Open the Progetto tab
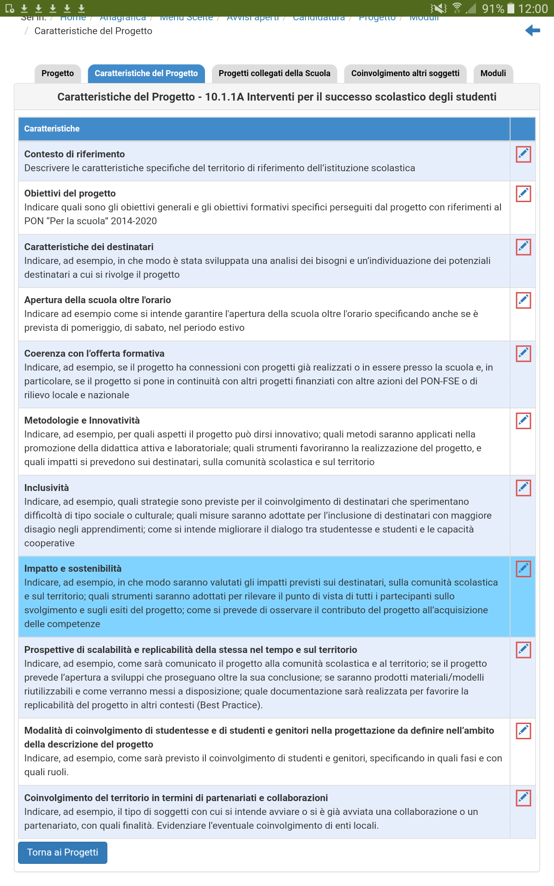click(x=58, y=73)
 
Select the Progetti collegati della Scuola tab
click(x=274, y=73)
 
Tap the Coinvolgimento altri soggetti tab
click(x=405, y=73)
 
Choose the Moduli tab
click(x=493, y=73)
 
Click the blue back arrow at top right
click(x=532, y=31)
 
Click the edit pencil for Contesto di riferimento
click(x=523, y=155)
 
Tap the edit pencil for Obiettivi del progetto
click(x=523, y=194)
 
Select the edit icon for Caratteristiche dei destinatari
click(x=523, y=247)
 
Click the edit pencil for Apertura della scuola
click(x=523, y=300)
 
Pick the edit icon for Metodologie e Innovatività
click(x=523, y=421)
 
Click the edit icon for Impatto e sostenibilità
click(x=523, y=569)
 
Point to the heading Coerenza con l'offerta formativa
click(x=94, y=353)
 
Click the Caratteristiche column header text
click(x=52, y=129)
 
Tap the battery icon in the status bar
click(x=511, y=8)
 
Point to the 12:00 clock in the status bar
click(x=533, y=9)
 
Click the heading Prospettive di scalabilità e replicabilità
click(x=190, y=650)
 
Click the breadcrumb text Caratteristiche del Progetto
click(x=93, y=31)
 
